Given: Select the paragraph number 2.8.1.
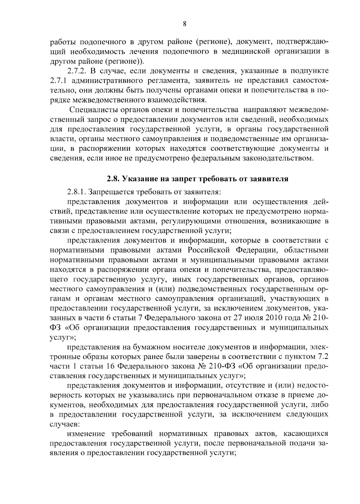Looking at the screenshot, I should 77,192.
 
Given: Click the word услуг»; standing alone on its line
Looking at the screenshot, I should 62,337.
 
